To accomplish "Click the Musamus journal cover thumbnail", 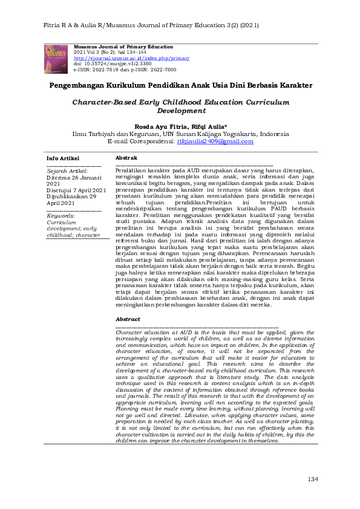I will pyautogui.click(x=56, y=59).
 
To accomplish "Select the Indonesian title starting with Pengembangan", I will pyautogui.click(x=180, y=86).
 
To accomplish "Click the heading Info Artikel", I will pyautogui.click(x=63, y=158).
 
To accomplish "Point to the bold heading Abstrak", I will pyautogui.click(x=126, y=157).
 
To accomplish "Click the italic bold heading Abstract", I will pyautogui.click(x=128, y=319).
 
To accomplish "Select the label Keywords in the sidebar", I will pyautogui.click(x=61, y=215).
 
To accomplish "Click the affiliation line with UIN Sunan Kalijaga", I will pyautogui.click(x=180, y=134).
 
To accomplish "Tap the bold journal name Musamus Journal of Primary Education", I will pyautogui.click(x=123, y=47).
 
